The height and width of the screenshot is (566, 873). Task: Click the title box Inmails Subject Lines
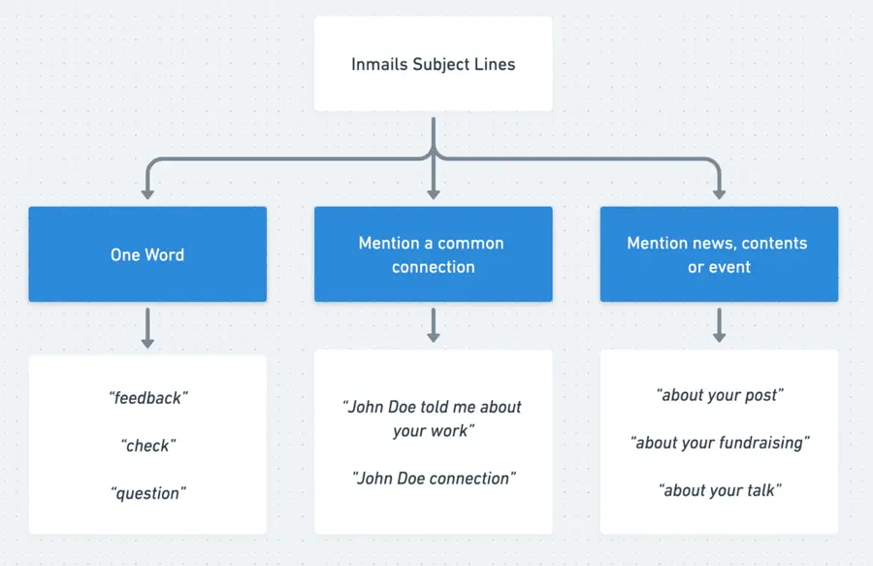[x=433, y=64]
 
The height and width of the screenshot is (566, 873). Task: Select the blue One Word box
[x=147, y=254]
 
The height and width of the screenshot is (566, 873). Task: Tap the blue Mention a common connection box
[x=433, y=254]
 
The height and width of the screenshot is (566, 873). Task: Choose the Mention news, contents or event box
[x=719, y=254]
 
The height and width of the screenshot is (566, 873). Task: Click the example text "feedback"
[x=147, y=398]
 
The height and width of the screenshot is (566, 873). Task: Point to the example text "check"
[x=147, y=446]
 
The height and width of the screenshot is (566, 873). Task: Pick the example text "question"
[x=147, y=493]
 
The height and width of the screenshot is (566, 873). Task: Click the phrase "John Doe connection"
[x=433, y=478]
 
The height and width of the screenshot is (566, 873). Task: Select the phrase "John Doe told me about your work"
[x=433, y=418]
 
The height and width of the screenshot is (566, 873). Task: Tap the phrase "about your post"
[x=719, y=395]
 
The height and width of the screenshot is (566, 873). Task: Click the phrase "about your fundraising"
[x=719, y=443]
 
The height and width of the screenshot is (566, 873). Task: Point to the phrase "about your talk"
[x=719, y=490]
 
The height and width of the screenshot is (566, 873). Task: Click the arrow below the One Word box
[x=147, y=328]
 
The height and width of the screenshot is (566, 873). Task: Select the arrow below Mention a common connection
[x=433, y=326]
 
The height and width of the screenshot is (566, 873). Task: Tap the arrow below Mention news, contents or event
[x=719, y=326]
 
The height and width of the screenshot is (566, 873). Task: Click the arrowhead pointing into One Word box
[x=147, y=193]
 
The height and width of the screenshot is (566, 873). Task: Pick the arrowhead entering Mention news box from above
[x=719, y=193]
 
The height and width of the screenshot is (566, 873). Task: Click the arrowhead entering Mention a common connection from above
[x=433, y=193]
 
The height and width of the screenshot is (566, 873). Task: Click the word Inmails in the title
[x=379, y=65]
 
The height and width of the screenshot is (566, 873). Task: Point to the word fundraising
[x=762, y=443]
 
